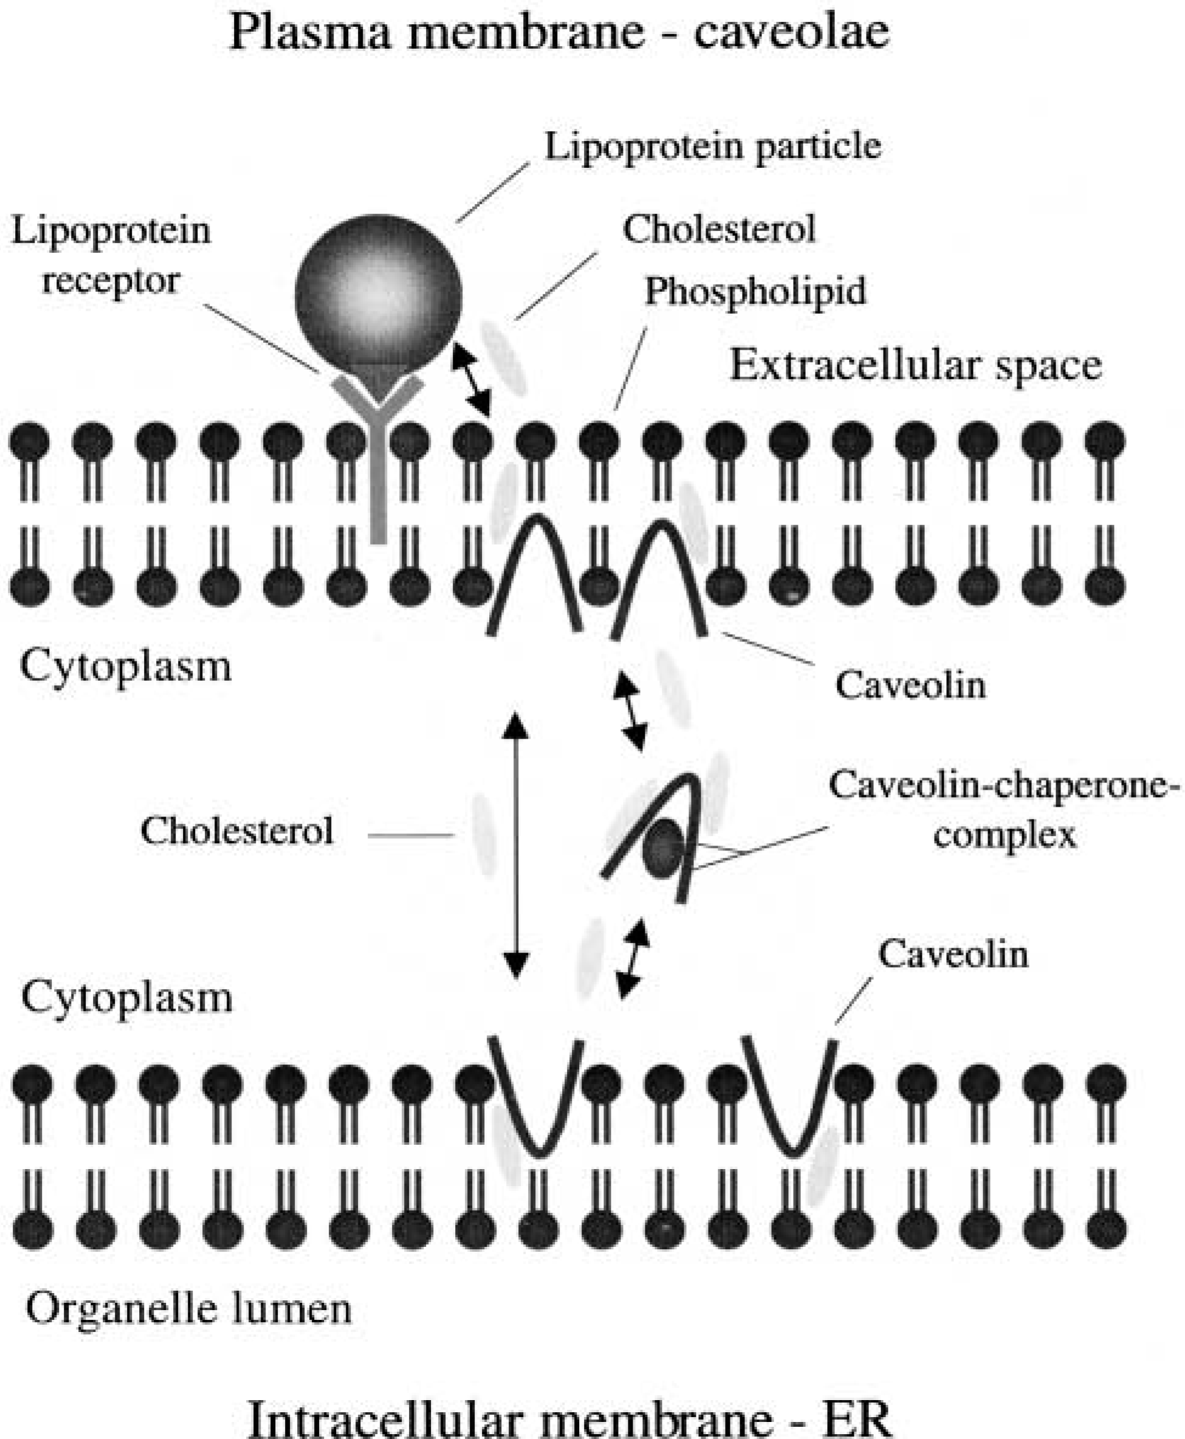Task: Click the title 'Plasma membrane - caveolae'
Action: (x=560, y=32)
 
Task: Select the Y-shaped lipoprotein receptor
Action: (x=378, y=437)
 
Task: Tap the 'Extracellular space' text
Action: (x=916, y=366)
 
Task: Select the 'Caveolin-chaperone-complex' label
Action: (x=1006, y=810)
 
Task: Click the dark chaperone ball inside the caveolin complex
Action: (x=661, y=848)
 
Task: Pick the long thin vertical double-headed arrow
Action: (x=516, y=846)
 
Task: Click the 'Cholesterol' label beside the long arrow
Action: (x=237, y=831)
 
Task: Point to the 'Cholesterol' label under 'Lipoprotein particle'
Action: (x=719, y=229)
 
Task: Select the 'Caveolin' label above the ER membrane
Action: (x=953, y=953)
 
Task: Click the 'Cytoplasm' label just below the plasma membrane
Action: (x=126, y=665)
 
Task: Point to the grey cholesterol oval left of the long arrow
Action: (x=485, y=835)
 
